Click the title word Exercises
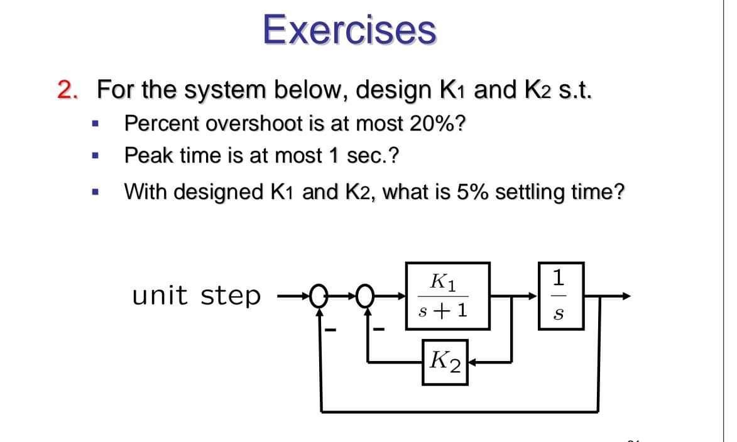(349, 30)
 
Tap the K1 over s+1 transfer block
(447, 296)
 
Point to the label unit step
(196, 295)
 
